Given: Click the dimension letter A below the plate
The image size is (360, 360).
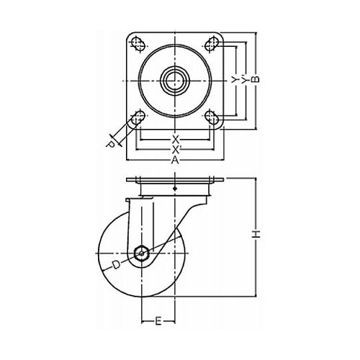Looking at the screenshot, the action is (175, 160).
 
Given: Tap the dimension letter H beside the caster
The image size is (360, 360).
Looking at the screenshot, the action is (256, 234).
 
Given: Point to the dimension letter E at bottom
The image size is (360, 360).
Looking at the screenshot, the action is (158, 321).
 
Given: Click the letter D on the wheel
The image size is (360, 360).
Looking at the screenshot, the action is (117, 265).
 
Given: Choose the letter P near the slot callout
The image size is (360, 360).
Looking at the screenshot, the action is (110, 145).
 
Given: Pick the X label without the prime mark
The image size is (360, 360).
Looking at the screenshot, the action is (176, 139).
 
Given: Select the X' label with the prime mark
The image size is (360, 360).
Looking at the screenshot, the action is (176, 150).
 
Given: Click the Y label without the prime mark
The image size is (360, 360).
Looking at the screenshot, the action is (234, 80).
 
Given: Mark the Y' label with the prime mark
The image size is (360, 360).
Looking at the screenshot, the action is (244, 80).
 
